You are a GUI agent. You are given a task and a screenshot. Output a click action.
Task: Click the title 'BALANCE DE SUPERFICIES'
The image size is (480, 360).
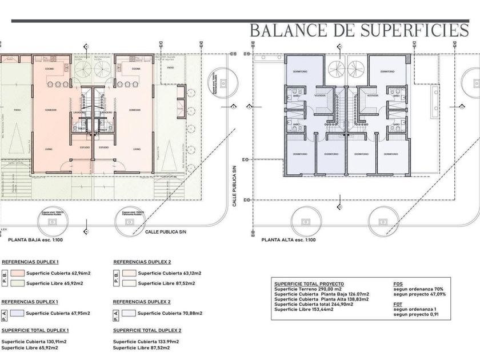[x=359, y=30]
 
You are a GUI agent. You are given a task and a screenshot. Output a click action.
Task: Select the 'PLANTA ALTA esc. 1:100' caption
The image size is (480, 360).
[x=289, y=240]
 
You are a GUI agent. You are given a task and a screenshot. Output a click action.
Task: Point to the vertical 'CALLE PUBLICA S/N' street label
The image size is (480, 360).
[x=234, y=187]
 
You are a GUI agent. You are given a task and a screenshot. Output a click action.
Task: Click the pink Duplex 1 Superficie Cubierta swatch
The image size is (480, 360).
[x=18, y=273]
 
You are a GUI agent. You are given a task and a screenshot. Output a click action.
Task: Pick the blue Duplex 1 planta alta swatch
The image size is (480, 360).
[x=18, y=313]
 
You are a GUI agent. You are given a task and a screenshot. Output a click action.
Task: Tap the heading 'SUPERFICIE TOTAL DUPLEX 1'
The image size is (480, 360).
[x=35, y=330]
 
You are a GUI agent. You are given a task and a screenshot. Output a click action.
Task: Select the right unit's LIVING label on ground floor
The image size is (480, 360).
[x=137, y=149]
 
